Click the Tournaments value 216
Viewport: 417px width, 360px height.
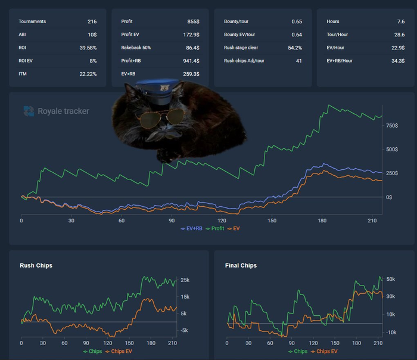click(x=92, y=21)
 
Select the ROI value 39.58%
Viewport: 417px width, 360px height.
click(x=88, y=48)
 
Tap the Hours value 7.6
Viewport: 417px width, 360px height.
click(x=401, y=21)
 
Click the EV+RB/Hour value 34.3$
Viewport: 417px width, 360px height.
click(x=397, y=61)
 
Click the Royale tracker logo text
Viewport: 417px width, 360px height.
click(x=63, y=111)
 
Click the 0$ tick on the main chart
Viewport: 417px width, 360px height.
click(x=388, y=197)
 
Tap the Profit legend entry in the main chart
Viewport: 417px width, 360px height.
click(x=217, y=228)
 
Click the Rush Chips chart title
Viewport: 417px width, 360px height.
click(x=36, y=265)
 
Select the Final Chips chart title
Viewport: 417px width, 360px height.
click(x=241, y=265)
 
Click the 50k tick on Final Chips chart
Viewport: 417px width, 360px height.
click(x=391, y=279)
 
